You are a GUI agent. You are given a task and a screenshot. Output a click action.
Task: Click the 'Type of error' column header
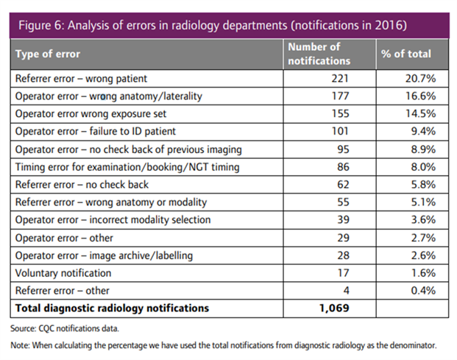coord(48,54)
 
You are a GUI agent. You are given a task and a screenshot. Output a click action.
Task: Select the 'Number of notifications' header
coord(319,54)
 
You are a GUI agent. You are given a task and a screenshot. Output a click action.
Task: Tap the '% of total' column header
coord(406,54)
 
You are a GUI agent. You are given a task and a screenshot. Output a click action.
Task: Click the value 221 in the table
coord(340,79)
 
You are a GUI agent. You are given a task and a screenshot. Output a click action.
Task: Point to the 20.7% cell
coord(420,79)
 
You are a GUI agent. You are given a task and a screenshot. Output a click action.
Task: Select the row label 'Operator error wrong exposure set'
coord(91,113)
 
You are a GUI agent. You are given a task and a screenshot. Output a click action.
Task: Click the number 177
coord(340,96)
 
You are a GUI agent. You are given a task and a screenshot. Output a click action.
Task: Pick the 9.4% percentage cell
coord(423,131)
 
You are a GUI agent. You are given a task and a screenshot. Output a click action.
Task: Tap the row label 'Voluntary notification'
coord(63,273)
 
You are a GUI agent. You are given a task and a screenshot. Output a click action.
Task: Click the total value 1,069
coord(334,308)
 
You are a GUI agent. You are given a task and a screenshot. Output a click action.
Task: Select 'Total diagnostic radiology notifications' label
coord(112,308)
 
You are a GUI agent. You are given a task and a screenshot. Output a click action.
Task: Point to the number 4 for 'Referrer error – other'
coord(346,291)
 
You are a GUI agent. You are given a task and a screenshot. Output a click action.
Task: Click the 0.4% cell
coord(423,291)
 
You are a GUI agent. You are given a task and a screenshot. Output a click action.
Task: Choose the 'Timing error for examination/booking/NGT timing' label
coord(127,167)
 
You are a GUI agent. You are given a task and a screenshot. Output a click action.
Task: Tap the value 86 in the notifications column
coord(343,167)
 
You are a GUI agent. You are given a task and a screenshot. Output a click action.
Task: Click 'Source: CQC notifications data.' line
coord(65,328)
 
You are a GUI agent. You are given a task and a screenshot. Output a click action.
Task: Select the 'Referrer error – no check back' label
coord(82,185)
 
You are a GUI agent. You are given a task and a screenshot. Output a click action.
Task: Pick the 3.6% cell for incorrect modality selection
coord(423,220)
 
